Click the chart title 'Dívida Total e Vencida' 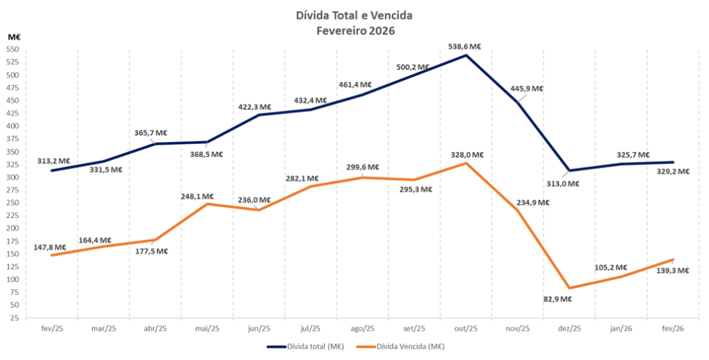tap(354, 16)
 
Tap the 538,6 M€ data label tap(465, 46)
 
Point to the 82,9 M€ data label tap(558, 299)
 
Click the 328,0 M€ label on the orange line tap(467, 155)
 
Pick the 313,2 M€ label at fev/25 tap(53, 161)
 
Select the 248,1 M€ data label tap(197, 197)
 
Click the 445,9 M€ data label tap(527, 89)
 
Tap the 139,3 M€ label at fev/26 tap(673, 271)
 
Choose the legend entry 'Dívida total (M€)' tap(305, 347)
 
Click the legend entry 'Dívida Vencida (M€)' tap(401, 347)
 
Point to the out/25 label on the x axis tap(466, 329)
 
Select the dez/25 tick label tap(569, 329)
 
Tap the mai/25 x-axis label tap(207, 329)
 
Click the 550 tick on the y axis tap(13, 49)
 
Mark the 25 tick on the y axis tap(15, 318)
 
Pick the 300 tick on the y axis tap(13, 177)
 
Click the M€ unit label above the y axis tap(15, 37)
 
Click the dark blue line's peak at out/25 tap(466, 55)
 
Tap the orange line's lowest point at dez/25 tap(569, 288)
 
